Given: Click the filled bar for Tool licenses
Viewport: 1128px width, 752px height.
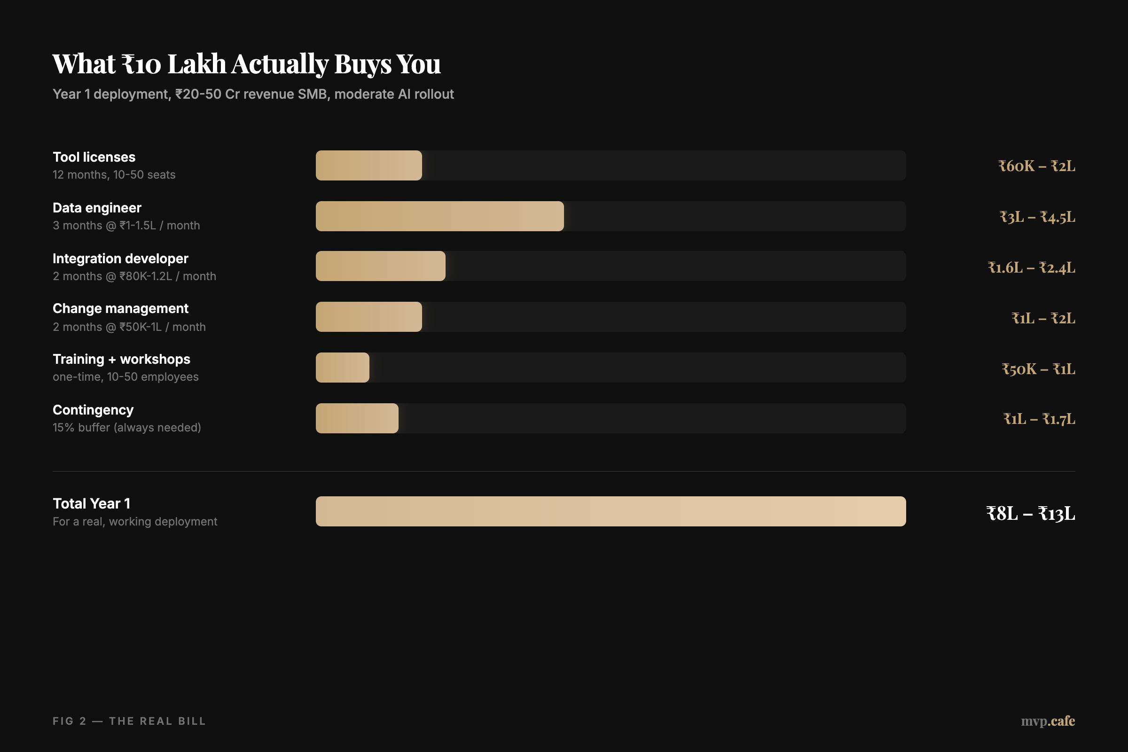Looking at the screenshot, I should [368, 165].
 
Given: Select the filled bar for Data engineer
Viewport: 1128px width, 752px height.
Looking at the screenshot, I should [439, 216].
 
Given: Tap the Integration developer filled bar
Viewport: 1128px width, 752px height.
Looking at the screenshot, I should [380, 266].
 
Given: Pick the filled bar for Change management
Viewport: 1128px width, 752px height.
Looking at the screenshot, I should [368, 317].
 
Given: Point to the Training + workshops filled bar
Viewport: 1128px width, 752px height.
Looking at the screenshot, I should [343, 368].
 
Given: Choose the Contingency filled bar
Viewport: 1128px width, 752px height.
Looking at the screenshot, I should [357, 419].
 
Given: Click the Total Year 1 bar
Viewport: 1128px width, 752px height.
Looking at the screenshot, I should [611, 511].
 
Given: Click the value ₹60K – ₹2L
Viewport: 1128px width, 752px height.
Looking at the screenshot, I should [1036, 166].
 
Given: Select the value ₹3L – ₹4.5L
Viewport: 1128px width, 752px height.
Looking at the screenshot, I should [1037, 217].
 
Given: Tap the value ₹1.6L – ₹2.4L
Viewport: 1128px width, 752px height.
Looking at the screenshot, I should [1031, 267].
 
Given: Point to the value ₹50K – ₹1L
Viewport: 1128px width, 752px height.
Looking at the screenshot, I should [1038, 369].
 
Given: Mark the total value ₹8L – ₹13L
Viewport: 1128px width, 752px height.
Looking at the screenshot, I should [1030, 514].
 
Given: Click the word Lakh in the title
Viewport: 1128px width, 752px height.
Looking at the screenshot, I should [196, 64].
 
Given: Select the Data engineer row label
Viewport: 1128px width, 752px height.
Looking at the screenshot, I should [97, 208].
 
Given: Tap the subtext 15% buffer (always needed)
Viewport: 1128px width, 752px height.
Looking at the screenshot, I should [126, 427].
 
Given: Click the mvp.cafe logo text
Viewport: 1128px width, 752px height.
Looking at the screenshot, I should [1048, 721].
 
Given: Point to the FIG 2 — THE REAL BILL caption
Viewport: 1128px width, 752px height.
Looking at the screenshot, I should [129, 721].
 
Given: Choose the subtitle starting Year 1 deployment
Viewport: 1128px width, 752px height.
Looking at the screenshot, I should [253, 94].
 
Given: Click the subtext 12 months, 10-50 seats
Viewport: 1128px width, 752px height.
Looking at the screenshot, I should [114, 174].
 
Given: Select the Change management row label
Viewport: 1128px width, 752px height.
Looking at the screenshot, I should [120, 308].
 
